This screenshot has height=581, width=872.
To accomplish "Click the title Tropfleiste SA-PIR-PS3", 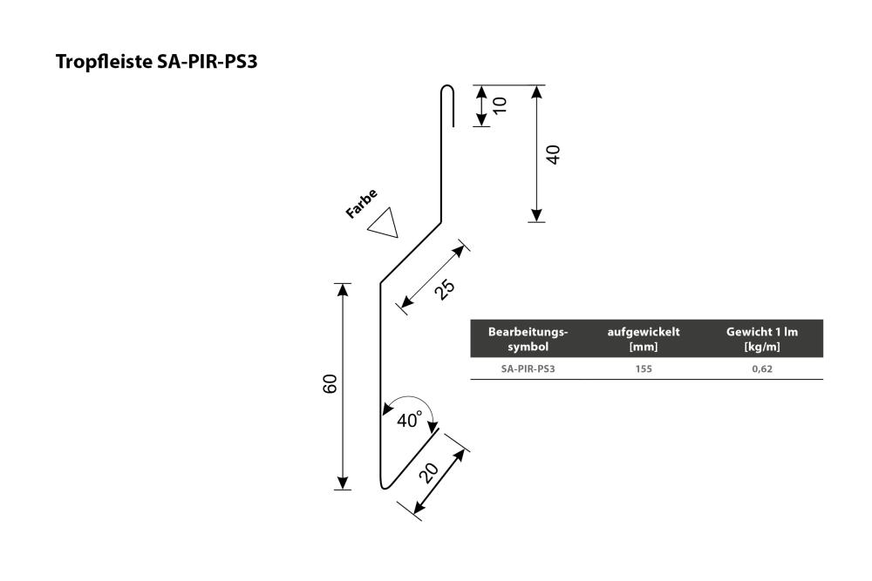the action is (x=156, y=62).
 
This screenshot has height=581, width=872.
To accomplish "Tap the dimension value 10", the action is (x=500, y=105).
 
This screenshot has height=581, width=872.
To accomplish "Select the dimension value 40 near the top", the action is (x=554, y=154).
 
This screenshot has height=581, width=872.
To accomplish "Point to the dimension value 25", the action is (x=445, y=288).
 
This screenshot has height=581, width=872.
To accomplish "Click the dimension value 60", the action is (x=330, y=384).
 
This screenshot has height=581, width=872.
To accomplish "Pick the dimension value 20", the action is (x=429, y=473).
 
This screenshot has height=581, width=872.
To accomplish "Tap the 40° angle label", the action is (x=409, y=420).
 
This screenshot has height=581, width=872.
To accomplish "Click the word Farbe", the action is (x=362, y=203).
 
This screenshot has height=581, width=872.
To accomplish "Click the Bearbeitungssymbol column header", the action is (x=528, y=339).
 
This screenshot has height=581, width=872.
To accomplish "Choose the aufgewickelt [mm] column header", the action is (x=644, y=339).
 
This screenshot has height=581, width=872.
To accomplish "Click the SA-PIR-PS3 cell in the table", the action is (x=528, y=368).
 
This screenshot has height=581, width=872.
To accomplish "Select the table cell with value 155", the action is (x=644, y=368).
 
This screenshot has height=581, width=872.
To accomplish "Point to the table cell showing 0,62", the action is (x=762, y=368).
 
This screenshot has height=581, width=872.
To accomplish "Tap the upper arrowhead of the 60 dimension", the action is (x=343, y=290).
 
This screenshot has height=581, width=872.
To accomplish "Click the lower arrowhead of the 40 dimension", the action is (x=536, y=215).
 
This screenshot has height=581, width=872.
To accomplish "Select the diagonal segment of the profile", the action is (x=411, y=253).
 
